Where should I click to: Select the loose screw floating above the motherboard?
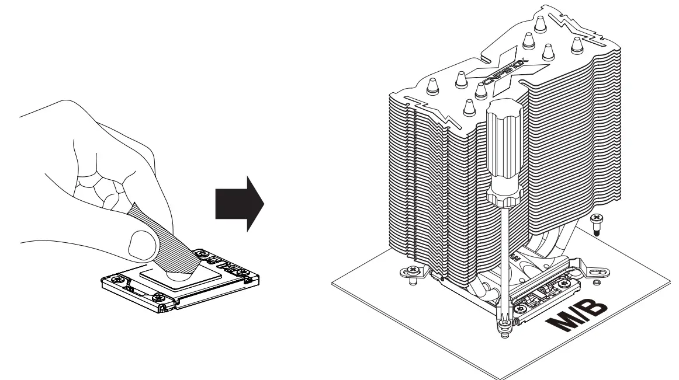pos(597,224)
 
